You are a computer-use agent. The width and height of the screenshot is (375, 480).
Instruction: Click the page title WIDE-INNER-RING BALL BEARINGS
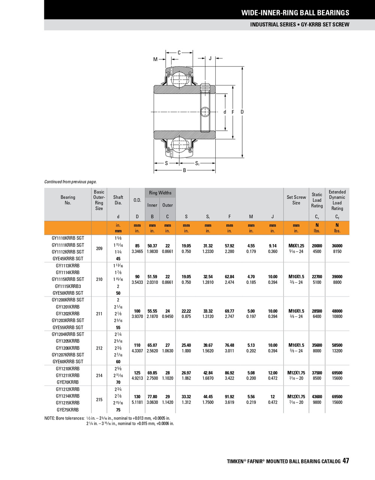point(295,13)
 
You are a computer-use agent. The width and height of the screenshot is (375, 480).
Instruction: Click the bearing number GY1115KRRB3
point(68,286)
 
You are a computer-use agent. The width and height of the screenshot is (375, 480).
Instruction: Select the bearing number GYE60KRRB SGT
point(68,361)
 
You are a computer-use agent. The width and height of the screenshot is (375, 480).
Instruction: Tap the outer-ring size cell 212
point(99,348)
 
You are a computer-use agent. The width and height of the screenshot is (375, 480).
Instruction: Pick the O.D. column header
point(137,200)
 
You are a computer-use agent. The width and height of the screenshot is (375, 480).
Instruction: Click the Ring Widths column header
point(160,193)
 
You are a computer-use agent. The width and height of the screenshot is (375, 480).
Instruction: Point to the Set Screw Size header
point(296,200)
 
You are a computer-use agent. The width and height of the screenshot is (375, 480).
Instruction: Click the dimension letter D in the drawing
point(242,112)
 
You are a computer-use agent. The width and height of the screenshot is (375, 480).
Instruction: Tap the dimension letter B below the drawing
point(184,171)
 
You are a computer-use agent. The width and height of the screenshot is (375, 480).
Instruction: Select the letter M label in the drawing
point(155,59)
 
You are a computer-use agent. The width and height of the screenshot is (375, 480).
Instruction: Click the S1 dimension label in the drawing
point(197,163)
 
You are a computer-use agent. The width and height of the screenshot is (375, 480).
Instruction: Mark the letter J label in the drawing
point(210,58)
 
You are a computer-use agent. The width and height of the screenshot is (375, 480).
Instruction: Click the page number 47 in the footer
point(345,461)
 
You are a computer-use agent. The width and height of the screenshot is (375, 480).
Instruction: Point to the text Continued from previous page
point(70,182)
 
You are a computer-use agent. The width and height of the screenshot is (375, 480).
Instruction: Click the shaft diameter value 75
point(118,410)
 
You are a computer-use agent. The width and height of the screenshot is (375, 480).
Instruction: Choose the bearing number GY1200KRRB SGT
point(68,300)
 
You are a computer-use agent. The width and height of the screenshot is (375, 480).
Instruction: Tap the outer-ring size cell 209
point(99,248)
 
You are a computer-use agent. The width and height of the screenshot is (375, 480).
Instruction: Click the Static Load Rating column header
point(317,200)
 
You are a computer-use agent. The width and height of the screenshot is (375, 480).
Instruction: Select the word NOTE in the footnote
point(51,418)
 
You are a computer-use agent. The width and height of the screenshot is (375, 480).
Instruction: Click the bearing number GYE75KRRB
point(68,410)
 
